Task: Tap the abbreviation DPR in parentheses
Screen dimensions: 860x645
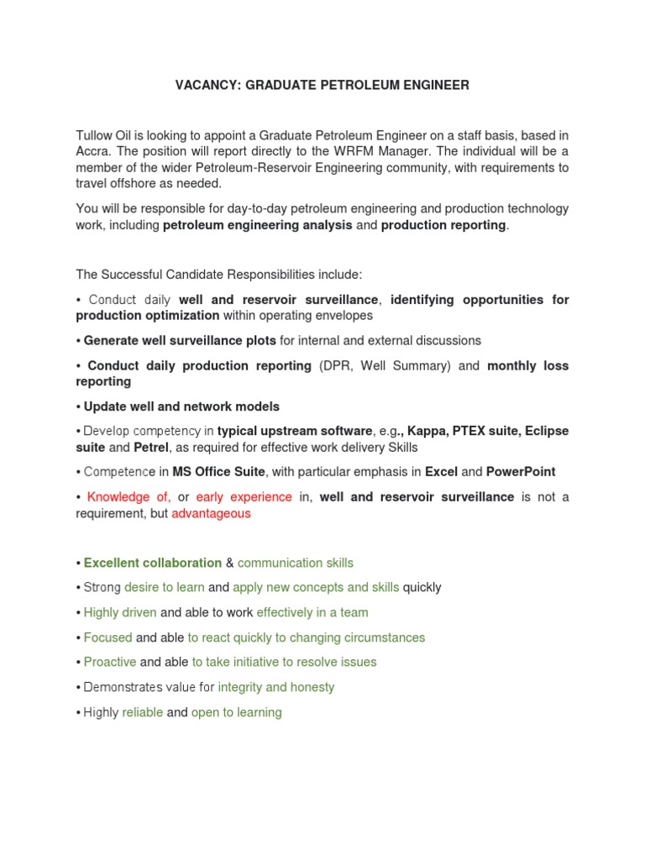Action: tap(335, 366)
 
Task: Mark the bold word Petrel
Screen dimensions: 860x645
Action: tap(151, 447)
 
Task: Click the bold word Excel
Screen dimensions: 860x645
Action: tap(441, 472)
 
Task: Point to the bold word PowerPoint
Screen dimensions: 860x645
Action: tap(521, 472)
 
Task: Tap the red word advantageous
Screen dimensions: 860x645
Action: tap(211, 513)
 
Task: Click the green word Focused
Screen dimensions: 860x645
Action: tap(108, 637)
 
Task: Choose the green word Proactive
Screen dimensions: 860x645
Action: tap(111, 662)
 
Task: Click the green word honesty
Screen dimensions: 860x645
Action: tap(312, 687)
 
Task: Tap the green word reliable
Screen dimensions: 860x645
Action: tap(143, 712)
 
